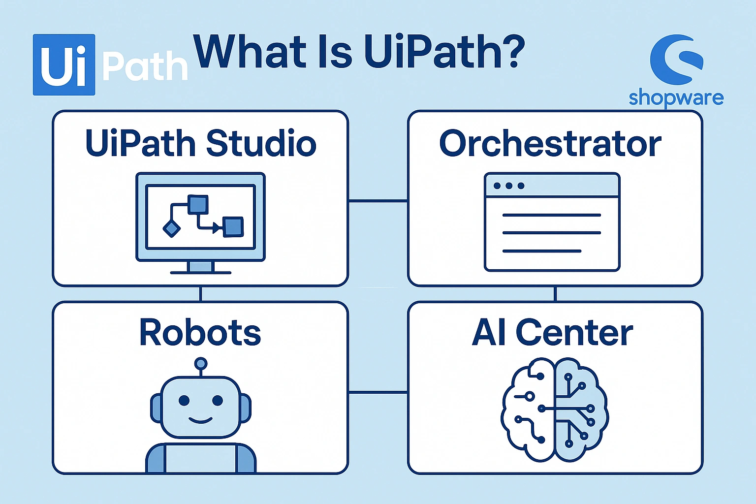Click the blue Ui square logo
click(64, 64)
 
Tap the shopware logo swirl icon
click(677, 59)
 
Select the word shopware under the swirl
click(676, 98)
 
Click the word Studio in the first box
click(261, 143)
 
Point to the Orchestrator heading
click(550, 143)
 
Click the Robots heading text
click(200, 333)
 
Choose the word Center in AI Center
click(574, 333)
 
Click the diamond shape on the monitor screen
click(171, 228)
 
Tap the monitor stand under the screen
click(201, 267)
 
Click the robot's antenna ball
click(200, 364)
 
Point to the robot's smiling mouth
click(200, 420)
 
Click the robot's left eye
click(184, 400)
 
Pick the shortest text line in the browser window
click(541, 251)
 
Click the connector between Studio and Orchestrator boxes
click(378, 201)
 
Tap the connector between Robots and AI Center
click(378, 392)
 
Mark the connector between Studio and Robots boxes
click(200, 294)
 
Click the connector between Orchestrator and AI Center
click(555, 294)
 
